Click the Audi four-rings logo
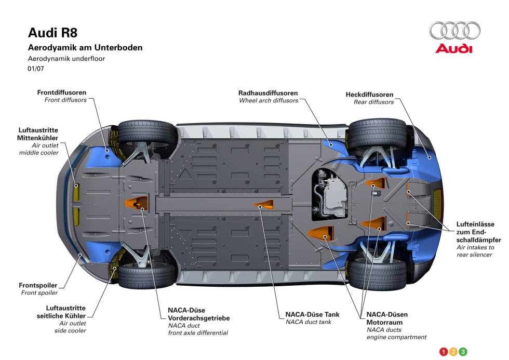[455, 30]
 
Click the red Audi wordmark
[454, 49]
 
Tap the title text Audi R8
[52, 33]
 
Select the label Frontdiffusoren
[62, 92]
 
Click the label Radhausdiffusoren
[268, 92]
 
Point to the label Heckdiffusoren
[369, 95]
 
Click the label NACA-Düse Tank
[312, 314]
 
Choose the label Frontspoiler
[38, 285]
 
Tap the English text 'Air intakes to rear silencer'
[475, 251]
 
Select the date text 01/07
[36, 68]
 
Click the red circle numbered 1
[444, 352]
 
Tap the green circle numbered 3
[463, 352]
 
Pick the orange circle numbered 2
[453, 352]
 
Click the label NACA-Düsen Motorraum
[387, 318]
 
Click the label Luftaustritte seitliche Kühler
[65, 312]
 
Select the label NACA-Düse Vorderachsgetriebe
[198, 314]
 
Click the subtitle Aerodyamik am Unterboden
[85, 48]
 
